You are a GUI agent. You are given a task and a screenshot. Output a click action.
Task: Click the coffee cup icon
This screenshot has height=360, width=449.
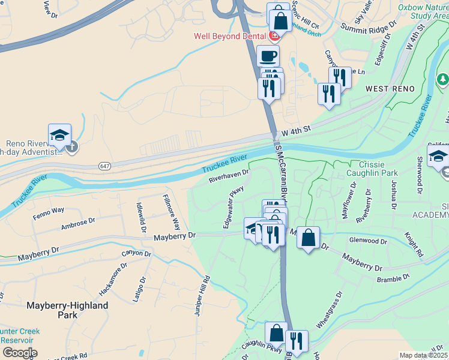pos(268,56)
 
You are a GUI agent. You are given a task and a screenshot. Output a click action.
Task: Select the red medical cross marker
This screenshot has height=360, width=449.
pos(275,36)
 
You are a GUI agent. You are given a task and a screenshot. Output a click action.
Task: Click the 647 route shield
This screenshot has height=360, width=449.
pos(104,166)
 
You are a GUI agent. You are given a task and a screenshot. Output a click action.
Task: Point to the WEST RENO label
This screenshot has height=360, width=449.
pos(390,89)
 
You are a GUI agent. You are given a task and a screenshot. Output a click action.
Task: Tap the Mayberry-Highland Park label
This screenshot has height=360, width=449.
pos(67,310)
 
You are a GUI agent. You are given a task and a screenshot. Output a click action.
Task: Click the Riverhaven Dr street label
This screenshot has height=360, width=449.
pos(229,176)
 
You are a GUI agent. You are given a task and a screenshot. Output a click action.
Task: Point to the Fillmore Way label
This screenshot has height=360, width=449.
pos(172,212)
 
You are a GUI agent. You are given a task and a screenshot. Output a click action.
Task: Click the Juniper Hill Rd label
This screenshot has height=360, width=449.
pos(201,295)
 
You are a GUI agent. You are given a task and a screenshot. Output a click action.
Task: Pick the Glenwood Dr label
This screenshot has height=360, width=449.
pos(368,241)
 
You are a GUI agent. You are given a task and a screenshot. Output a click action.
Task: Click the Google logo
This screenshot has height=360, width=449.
pos(19,353)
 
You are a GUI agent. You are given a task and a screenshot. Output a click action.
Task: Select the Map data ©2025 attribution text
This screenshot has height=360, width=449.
pos(423,355)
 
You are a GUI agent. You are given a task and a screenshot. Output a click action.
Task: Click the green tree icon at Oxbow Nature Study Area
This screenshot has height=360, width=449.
pos(442,79)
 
